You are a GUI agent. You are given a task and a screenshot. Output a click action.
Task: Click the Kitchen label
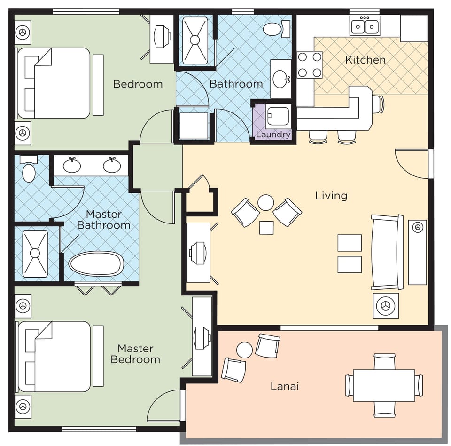click(x=365, y=60)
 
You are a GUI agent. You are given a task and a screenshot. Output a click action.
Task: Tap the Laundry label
click(x=273, y=135)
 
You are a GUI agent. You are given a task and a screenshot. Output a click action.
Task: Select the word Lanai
click(x=285, y=387)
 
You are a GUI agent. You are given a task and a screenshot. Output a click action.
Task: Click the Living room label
click(x=331, y=195)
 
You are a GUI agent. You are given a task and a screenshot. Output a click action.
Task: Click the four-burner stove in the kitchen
click(x=310, y=64)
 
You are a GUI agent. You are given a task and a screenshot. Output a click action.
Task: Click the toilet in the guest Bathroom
click(x=273, y=29)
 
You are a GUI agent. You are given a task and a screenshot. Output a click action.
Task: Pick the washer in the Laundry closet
click(x=279, y=116)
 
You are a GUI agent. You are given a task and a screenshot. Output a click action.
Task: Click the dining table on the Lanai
click(x=384, y=385)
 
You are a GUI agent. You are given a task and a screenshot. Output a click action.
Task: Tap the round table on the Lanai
click(x=244, y=350)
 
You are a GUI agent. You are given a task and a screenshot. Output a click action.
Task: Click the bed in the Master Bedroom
click(x=54, y=356)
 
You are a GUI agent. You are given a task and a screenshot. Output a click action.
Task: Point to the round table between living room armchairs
click(x=266, y=203)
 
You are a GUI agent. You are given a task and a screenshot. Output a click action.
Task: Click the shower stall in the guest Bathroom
click(x=194, y=40)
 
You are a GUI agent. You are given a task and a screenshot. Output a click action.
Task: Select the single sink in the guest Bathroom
click(x=281, y=79)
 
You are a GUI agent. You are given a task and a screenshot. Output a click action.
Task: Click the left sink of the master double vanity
click(x=71, y=165)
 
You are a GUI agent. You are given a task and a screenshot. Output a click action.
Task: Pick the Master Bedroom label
click(x=135, y=354)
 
